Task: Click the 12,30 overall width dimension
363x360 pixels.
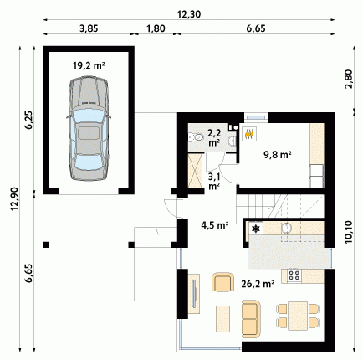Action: (189, 14)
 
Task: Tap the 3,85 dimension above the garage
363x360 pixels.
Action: (89, 28)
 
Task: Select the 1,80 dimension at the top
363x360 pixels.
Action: (156, 28)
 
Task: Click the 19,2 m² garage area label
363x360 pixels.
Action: (89, 66)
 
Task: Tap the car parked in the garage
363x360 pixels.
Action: (89, 129)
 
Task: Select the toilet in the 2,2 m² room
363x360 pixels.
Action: (197, 137)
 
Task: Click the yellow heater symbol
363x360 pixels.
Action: (249, 134)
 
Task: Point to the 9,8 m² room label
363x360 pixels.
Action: (278, 154)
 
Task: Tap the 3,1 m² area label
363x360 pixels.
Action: (214, 181)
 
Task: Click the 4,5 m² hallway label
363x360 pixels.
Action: (215, 224)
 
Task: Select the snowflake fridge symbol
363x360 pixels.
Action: (256, 229)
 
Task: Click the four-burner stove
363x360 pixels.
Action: (294, 275)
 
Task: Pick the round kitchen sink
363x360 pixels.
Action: (286, 229)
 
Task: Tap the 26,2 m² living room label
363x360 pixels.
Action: (258, 284)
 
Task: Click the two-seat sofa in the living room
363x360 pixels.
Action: (251, 315)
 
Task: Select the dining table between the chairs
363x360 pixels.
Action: (298, 316)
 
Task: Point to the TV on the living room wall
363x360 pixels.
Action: (194, 294)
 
